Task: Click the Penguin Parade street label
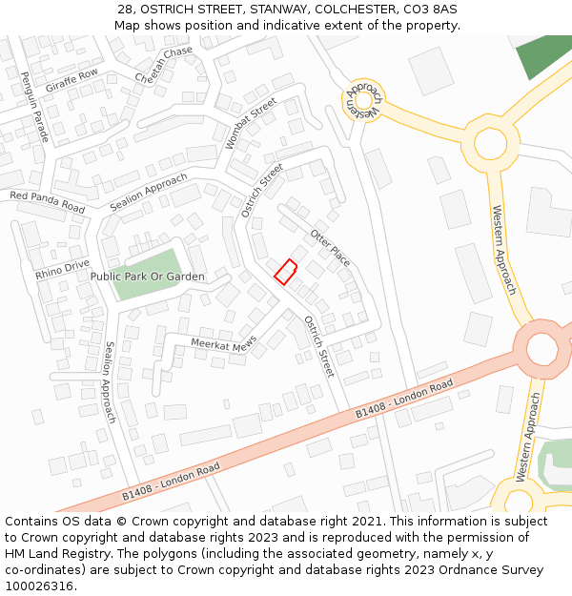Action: [34, 107]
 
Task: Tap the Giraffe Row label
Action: [71, 80]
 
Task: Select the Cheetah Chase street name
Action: [163, 65]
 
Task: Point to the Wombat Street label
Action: [250, 124]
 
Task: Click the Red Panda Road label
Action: [47, 201]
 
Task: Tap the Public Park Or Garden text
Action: [147, 277]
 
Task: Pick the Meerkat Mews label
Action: [224, 342]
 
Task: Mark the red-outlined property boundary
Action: [286, 272]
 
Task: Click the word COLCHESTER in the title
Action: [356, 9]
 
